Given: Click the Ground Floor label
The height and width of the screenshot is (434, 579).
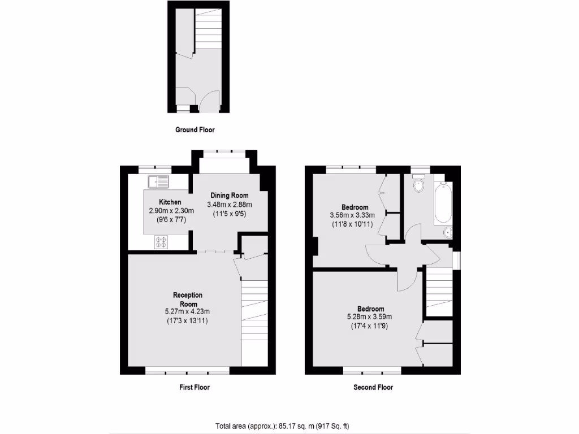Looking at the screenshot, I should [x=195, y=130].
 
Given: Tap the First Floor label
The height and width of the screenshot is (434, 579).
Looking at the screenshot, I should [x=195, y=388].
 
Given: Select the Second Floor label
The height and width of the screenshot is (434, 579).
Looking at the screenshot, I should [x=373, y=388].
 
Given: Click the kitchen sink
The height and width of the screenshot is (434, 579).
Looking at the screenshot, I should [x=159, y=181].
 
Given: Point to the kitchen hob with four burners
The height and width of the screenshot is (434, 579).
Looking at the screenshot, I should [x=161, y=242].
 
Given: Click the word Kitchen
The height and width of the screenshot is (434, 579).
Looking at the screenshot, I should [x=170, y=202].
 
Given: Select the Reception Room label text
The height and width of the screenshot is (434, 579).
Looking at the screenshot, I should [x=187, y=300].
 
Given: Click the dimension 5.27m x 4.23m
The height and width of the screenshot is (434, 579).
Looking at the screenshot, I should [x=187, y=311].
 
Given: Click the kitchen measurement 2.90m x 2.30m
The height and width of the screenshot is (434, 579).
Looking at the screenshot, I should [x=171, y=211].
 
